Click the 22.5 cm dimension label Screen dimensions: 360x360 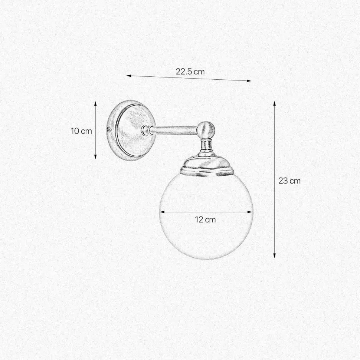(190, 72)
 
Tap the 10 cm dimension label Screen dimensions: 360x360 (81, 131)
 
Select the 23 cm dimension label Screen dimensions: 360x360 (289, 181)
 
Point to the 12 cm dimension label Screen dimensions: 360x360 (205, 219)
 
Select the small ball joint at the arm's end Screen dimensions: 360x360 (206, 129)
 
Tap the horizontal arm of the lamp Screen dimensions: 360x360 (174, 130)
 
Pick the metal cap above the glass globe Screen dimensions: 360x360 (207, 165)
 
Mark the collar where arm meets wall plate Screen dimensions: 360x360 (145, 130)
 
